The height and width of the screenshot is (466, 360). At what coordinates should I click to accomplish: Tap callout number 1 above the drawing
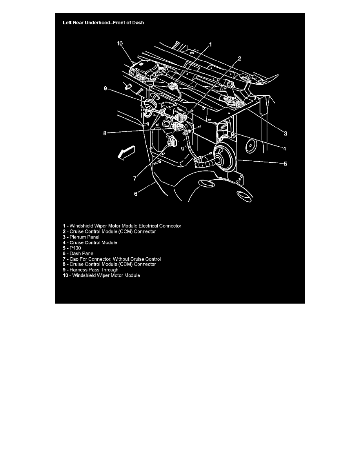pos(210,45)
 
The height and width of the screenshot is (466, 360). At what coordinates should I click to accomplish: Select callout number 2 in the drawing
pos(239,58)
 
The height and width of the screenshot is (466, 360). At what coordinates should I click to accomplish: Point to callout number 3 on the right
pos(286,133)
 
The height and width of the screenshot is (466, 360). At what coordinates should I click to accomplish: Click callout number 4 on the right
pos(285,148)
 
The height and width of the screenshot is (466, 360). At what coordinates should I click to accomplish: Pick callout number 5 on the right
pos(285,164)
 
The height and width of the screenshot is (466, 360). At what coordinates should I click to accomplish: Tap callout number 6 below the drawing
pos(136,193)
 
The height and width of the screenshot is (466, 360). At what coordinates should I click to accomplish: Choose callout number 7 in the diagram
pos(135,178)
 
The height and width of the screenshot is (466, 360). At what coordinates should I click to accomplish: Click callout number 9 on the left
pos(105,89)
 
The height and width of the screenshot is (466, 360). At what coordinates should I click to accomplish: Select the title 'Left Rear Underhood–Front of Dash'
pos(103,23)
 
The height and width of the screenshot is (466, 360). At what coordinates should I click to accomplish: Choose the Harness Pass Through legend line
pos(91,270)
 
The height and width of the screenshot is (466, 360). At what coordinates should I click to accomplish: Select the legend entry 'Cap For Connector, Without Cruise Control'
pos(112,259)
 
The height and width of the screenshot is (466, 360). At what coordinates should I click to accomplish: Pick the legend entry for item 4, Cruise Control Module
pos(90,242)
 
